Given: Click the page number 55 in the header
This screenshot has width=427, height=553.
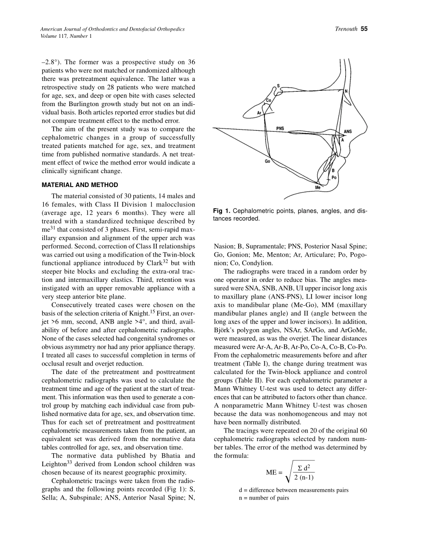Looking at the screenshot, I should coord(364,29).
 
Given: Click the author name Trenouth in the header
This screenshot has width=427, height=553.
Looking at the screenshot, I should coord(346,29).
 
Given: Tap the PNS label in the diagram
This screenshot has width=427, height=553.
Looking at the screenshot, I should coord(280,128).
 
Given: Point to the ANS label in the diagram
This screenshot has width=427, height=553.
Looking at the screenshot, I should coord(348,132).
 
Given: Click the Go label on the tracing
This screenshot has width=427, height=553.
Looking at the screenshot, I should coord(267,161).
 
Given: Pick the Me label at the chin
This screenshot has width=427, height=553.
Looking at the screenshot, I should coord(318,187).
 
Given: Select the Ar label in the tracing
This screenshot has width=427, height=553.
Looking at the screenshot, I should coord(259,113).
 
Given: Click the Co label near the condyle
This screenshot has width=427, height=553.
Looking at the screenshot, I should coord(269,100).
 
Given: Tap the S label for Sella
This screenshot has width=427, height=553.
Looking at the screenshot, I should coord(278,85).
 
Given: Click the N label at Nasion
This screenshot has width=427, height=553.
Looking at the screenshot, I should coord(346,91).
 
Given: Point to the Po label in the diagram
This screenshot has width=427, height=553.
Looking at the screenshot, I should coord(334,178).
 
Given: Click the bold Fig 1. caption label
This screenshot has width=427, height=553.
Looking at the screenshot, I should coord(222,211).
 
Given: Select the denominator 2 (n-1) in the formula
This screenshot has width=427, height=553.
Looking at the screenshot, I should coord(304,477).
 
